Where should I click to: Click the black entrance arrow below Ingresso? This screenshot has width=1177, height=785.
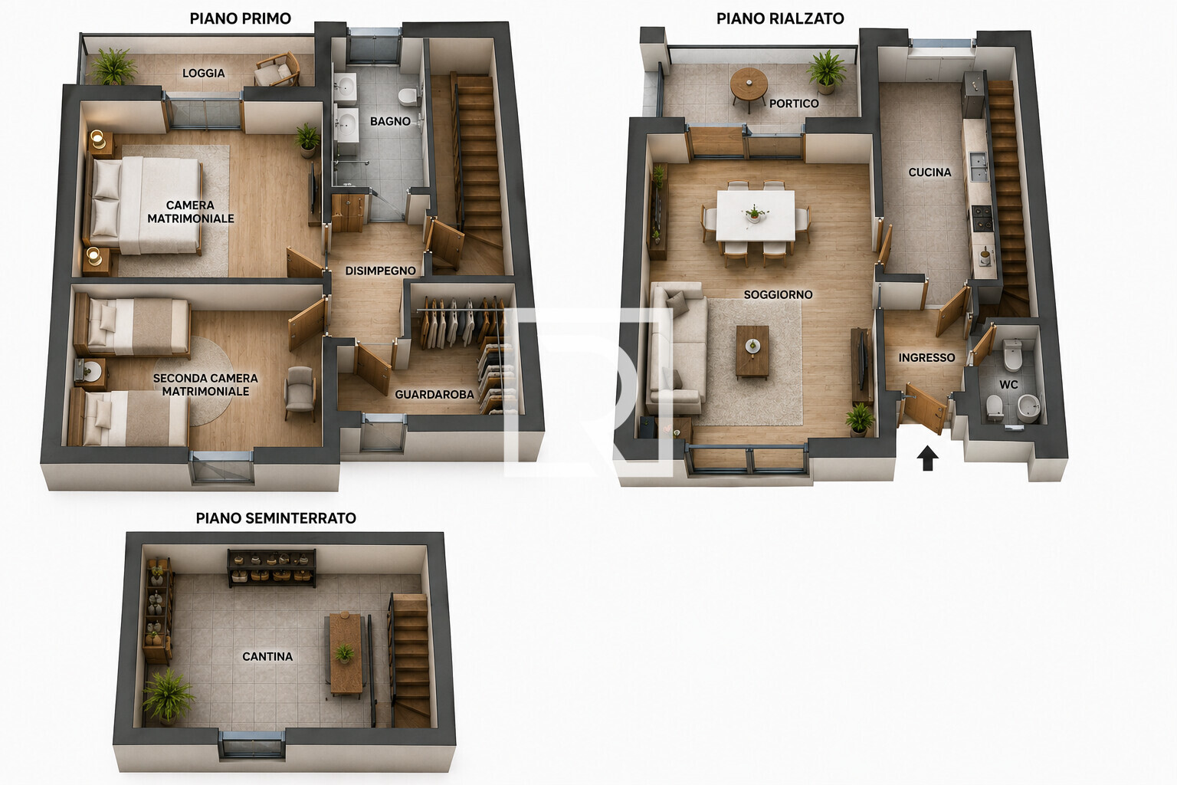927,458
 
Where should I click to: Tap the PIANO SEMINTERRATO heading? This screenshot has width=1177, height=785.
276,518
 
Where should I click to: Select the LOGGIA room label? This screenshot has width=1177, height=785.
204,73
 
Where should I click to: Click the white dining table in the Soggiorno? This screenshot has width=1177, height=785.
756,215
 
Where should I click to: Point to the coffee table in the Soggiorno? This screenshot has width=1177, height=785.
752,350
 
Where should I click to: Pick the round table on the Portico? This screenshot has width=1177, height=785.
749,87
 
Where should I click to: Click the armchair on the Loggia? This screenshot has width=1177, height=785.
277,70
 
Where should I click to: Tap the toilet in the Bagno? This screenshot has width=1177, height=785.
407,97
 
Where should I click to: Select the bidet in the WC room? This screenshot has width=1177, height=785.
1029,409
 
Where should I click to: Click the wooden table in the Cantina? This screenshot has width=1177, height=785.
346,654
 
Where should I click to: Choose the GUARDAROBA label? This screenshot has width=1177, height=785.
434,394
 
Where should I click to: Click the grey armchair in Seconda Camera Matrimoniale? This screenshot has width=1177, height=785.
300,392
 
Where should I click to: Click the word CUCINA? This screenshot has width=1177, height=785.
929,172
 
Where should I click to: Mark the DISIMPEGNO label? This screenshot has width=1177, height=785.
380,271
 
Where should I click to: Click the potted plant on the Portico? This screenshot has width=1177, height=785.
827,72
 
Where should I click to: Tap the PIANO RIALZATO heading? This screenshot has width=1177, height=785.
780,19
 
